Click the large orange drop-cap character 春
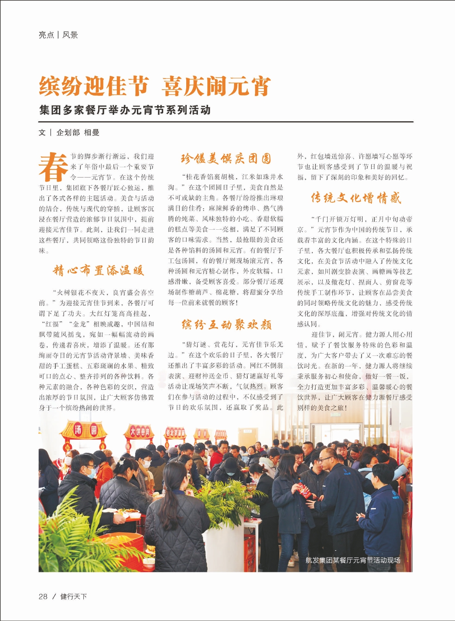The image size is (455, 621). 53,167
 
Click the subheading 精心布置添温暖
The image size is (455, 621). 98,270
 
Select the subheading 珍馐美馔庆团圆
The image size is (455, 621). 226,159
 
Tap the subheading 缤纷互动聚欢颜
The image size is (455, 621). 227,325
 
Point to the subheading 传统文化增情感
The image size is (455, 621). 356,198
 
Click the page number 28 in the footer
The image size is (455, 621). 43,597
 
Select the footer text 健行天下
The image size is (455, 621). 74,597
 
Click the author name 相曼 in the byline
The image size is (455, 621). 92,133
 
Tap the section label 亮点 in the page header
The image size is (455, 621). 46,35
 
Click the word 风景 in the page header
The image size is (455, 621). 70,35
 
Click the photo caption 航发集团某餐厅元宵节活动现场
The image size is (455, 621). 352,560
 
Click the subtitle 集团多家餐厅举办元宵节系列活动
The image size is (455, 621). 125,110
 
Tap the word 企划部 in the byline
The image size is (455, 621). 68,133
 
